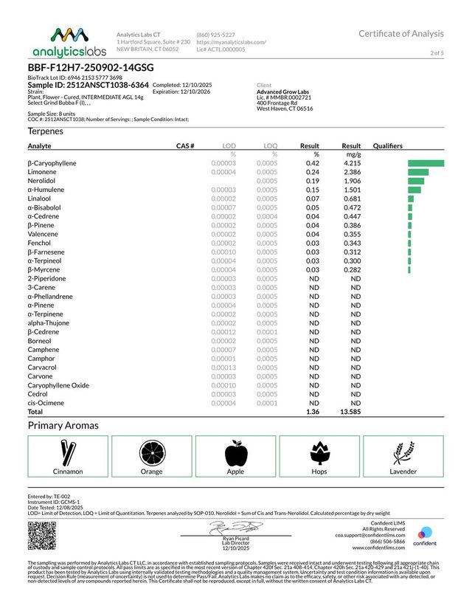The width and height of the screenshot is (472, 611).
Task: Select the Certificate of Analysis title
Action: (401, 34)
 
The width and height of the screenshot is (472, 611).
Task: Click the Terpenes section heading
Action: (46, 131)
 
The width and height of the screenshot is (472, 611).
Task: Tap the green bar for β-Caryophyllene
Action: (426, 163)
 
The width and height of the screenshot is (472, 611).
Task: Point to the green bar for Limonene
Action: (417, 172)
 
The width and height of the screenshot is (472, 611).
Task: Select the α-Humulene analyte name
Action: (46, 190)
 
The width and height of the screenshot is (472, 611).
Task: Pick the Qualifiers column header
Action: (390, 146)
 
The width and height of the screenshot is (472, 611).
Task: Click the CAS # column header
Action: (184, 146)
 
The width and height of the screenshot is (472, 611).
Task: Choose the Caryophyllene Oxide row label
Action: (58, 385)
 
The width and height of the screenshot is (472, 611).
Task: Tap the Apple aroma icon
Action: (235, 452)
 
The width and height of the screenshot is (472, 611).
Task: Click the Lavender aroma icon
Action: (403, 452)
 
